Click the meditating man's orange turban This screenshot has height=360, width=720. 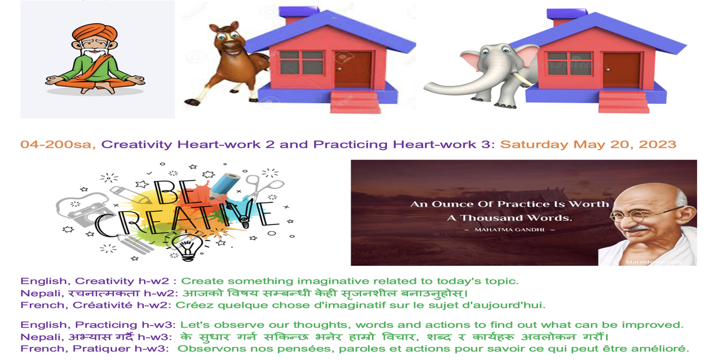[x=95, y=33]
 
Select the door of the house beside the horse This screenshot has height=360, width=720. [x=353, y=69]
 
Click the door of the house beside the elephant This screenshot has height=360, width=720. [x=621, y=71]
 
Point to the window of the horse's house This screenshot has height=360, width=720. [x=301, y=62]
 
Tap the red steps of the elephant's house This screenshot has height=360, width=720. [x=623, y=101]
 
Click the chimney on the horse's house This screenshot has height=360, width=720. [x=298, y=16]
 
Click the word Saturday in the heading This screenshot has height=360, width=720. [x=534, y=145]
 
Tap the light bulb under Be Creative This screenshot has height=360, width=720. [x=187, y=247]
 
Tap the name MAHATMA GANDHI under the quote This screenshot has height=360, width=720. [x=509, y=230]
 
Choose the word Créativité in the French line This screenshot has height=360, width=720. [x=103, y=305]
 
